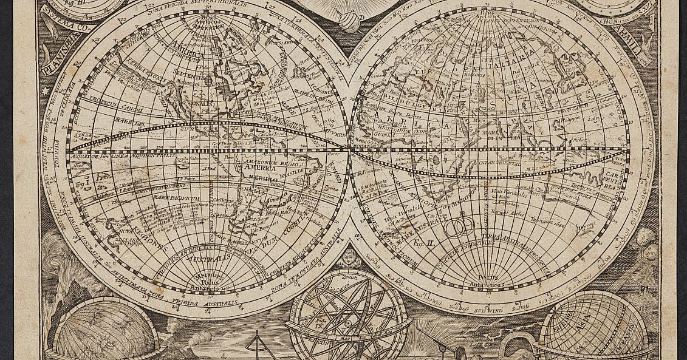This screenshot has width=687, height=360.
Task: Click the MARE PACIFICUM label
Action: (160, 197)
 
